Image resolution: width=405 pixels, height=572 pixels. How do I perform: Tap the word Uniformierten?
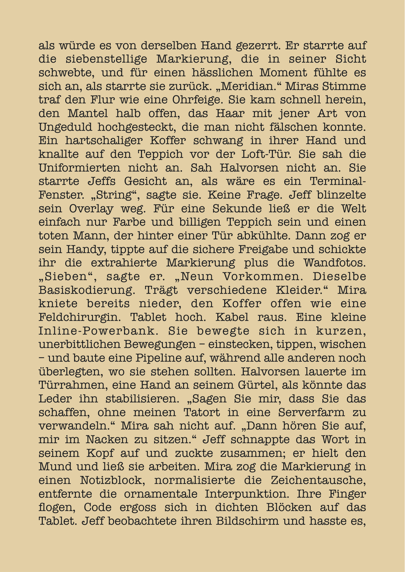pyautogui.click(x=79, y=168)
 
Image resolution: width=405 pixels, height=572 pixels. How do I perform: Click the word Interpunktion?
pyautogui.click(x=247, y=494)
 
